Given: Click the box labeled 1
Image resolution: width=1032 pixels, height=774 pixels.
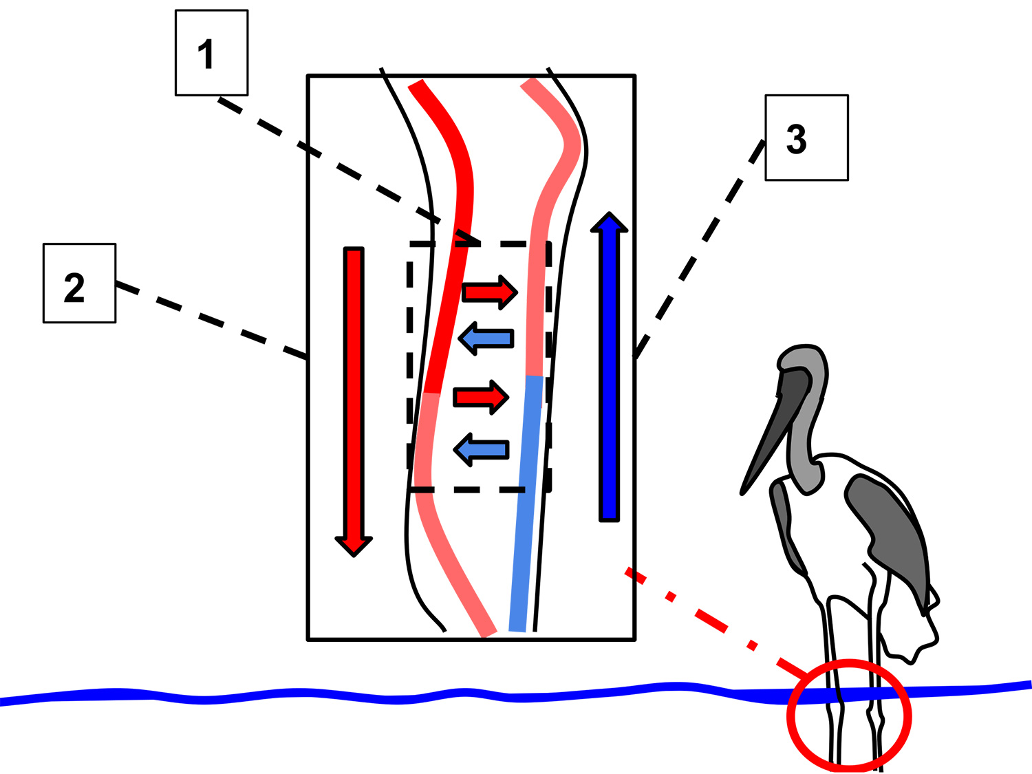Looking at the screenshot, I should tap(211, 53).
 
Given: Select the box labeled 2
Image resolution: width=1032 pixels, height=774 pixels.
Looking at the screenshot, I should tap(79, 283).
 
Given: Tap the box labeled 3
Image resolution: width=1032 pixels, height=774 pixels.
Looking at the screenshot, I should tap(806, 138).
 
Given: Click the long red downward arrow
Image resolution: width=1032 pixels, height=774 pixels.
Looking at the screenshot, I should tap(354, 392).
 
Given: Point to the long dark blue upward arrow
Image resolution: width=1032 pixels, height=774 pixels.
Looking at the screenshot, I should tap(609, 372).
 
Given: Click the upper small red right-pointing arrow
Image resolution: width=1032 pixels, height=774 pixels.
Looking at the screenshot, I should tap(488, 292).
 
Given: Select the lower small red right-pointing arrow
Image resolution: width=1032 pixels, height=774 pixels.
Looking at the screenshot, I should tap(480, 397).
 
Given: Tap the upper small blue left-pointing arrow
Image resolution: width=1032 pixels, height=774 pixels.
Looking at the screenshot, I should tap(486, 338).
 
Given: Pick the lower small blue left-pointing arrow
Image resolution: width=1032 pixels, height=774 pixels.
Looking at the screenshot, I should tap(482, 450).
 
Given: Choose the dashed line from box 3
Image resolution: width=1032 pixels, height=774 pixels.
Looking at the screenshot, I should tap(702, 248).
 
